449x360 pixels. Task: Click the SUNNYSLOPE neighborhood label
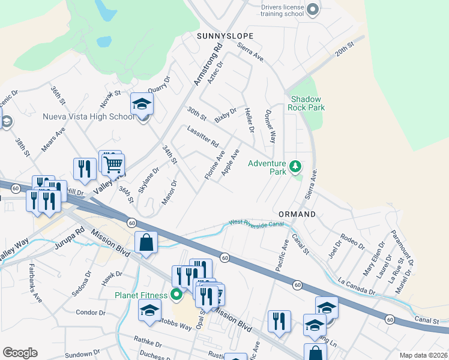coord(225,36)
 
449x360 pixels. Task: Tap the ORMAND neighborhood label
coord(297,214)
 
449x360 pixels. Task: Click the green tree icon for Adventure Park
coord(295,166)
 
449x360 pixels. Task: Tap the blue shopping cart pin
coord(112,163)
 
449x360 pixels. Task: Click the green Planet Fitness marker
coord(176,295)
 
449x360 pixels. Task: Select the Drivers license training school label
coord(282,10)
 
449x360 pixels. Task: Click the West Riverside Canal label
coord(255,224)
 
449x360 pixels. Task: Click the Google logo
coord(20,353)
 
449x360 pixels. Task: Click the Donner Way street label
coord(270,125)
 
